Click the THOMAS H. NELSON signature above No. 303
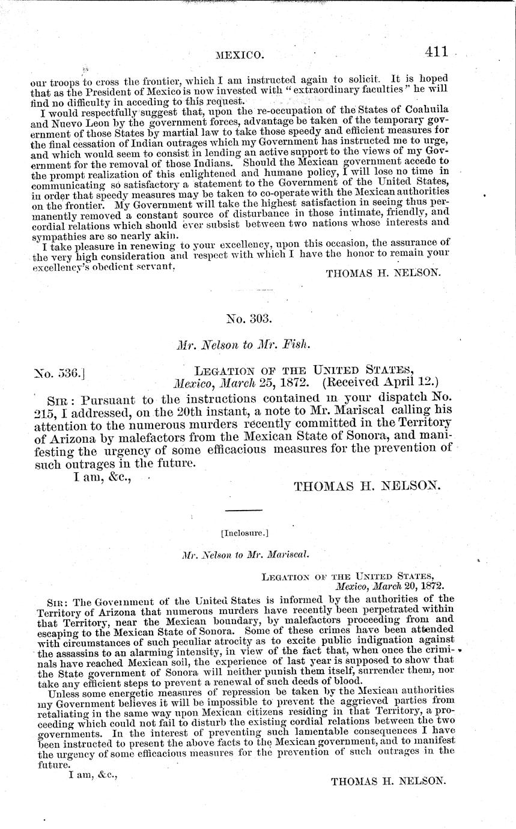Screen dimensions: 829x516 [383, 272]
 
